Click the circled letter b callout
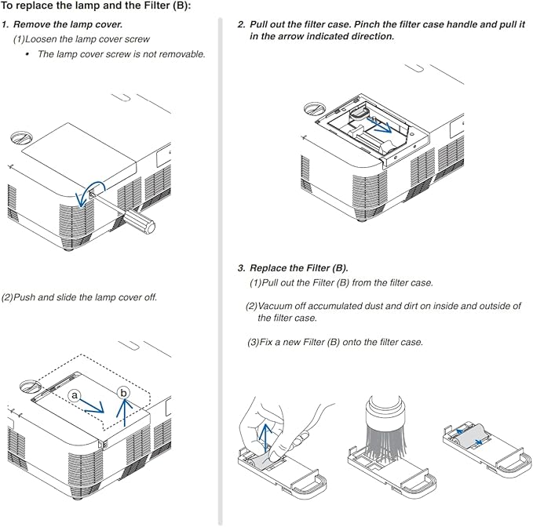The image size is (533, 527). tap(122, 392)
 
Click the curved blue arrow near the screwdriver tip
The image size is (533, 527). tap(82, 193)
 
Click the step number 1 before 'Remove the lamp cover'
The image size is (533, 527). tap(5, 24)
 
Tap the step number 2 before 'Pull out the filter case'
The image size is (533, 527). tap(241, 24)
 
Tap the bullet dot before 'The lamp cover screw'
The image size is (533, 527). tap(27, 54)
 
